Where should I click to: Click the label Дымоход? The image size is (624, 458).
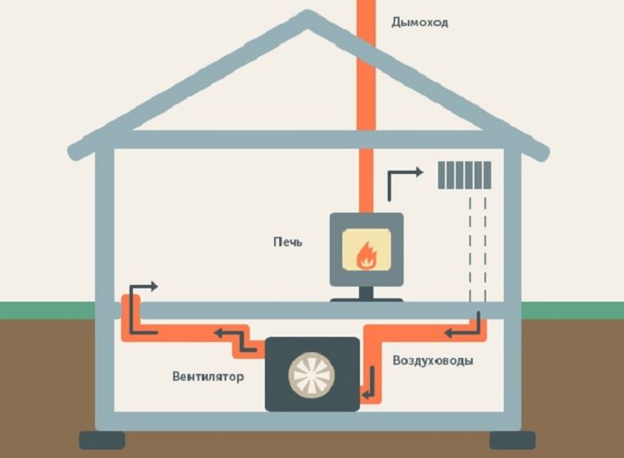coord(420,22)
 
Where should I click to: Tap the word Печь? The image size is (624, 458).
coord(287,242)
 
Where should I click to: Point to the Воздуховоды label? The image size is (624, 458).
coord(432,361)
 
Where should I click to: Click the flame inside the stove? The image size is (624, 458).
coord(365,255)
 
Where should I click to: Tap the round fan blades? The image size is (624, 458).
coord(312,374)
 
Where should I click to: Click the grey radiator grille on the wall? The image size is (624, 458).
coord(464,175)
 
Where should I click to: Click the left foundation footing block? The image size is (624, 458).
coord(102,440)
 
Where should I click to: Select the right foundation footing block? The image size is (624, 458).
coord(512,440)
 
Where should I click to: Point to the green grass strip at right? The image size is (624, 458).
coord(573,310)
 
